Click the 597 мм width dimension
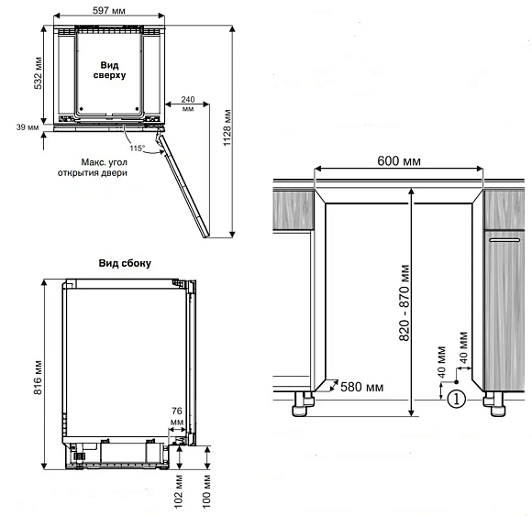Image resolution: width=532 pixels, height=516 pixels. pyautogui.click(x=109, y=10)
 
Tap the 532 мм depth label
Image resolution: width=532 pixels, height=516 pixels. pyautogui.click(x=39, y=73)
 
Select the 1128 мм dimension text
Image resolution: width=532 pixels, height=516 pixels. pyautogui.click(x=227, y=127)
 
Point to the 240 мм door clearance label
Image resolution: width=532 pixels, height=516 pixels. pyautogui.click(x=188, y=104)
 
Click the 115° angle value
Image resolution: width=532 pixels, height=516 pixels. pyautogui.click(x=137, y=148)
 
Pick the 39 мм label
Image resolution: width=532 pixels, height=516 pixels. pyautogui.click(x=28, y=127)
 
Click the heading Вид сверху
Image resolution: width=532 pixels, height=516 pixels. pyautogui.click(x=109, y=70)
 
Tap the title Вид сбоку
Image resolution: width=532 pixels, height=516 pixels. pyautogui.click(x=125, y=263)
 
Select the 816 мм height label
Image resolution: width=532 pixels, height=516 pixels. pyautogui.click(x=38, y=377)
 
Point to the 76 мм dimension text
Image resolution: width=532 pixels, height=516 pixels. pyautogui.click(x=177, y=416)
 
